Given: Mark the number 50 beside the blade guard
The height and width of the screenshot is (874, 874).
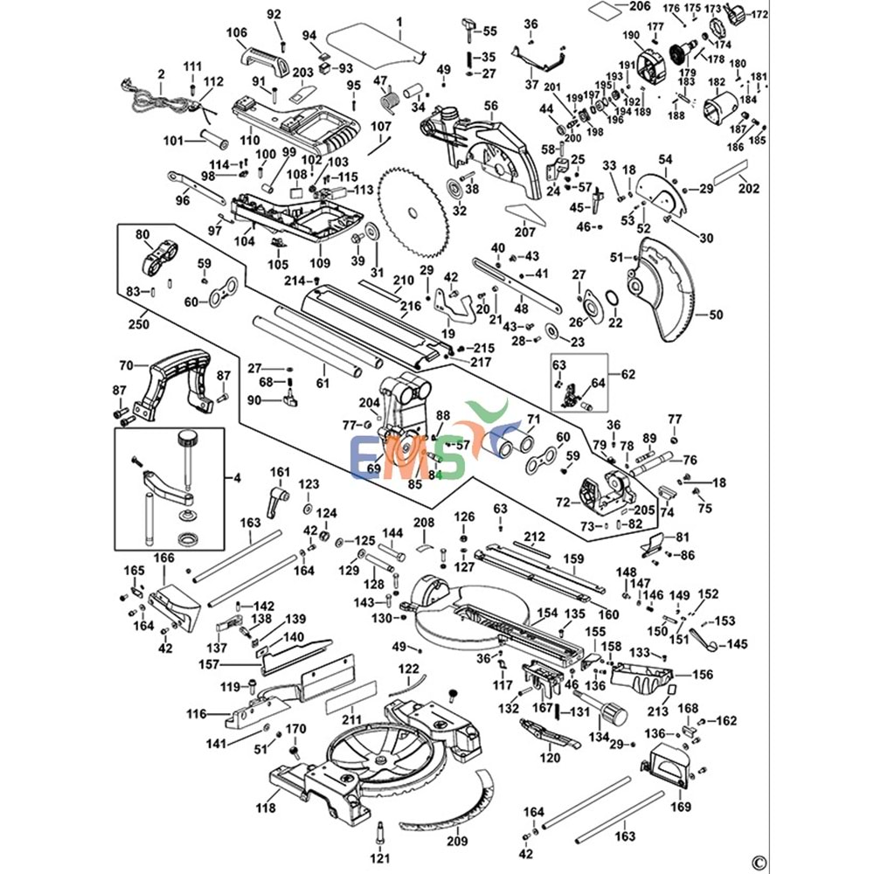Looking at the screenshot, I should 716,314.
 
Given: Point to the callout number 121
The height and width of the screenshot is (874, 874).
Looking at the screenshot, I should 379,860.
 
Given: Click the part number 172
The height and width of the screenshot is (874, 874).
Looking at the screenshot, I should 759,15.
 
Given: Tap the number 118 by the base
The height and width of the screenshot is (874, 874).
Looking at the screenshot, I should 266,808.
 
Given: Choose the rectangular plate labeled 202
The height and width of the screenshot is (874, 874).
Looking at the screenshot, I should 730,173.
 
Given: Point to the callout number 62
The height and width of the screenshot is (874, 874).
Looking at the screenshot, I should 628,375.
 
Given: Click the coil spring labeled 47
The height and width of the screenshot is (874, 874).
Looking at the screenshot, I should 390,97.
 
